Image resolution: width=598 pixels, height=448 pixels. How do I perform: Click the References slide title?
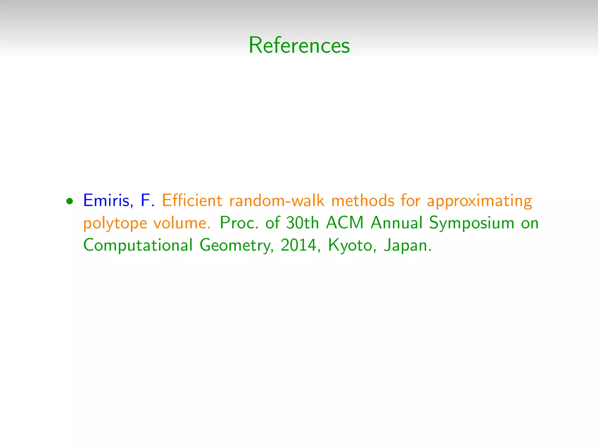[299, 45]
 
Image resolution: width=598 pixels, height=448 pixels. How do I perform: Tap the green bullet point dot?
[69, 201]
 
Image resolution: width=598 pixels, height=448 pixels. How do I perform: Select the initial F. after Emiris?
[147, 200]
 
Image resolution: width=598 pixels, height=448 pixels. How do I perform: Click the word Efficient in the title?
[192, 200]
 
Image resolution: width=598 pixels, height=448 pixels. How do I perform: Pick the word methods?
[363, 200]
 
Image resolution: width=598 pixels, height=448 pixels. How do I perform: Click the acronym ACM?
[345, 223]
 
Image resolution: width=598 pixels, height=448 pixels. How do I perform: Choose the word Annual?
[397, 223]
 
